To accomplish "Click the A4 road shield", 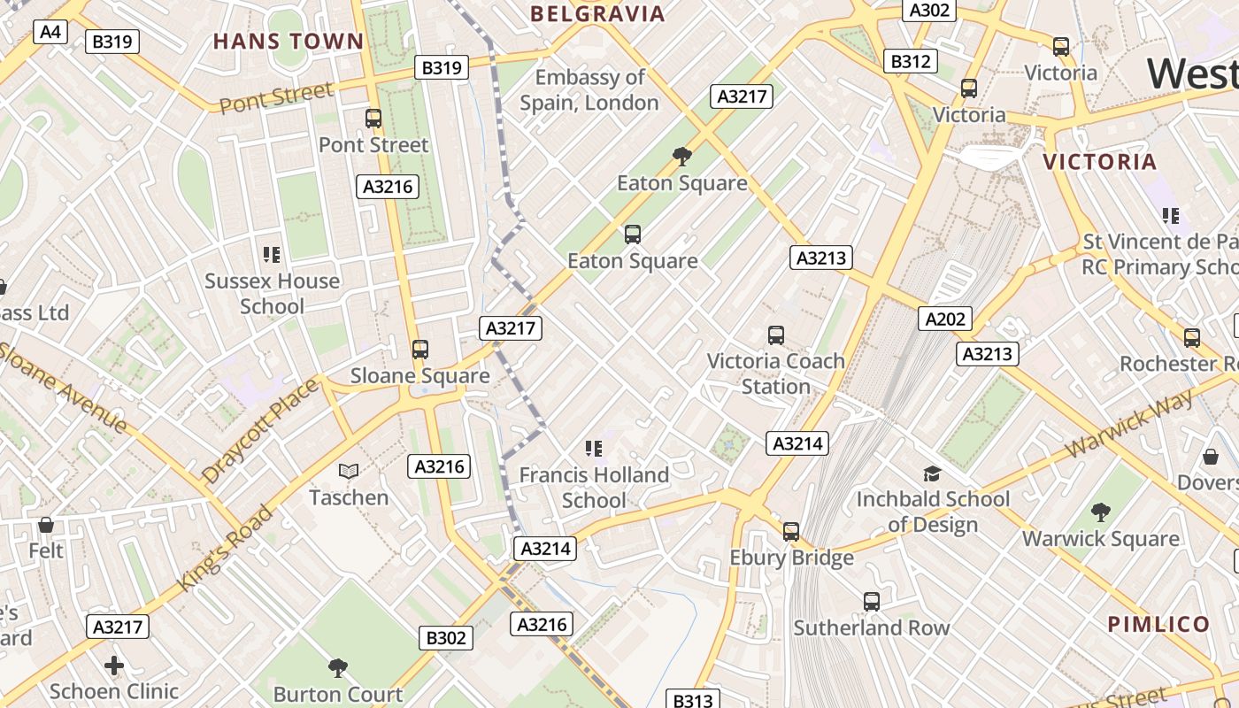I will [x=50, y=32].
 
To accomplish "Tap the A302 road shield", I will [x=929, y=10].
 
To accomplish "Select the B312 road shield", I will [x=911, y=61].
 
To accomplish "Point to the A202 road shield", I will [x=945, y=319].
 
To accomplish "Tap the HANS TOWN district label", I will [x=289, y=41].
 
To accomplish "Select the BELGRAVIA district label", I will [x=597, y=13].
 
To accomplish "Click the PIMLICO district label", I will [x=1158, y=623].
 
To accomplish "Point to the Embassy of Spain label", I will [x=589, y=89].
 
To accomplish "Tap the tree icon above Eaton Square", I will [x=682, y=157].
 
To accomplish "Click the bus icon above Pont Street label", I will [x=373, y=118].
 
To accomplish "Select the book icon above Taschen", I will [x=349, y=471].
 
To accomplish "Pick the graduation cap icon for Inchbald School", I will [x=932, y=473].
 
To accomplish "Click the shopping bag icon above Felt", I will [x=46, y=525].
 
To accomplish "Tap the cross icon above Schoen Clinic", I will [x=114, y=665].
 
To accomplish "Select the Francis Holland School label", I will [x=594, y=488].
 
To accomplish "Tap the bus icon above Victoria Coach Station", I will [x=776, y=335].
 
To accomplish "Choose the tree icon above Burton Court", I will [x=337, y=667].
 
